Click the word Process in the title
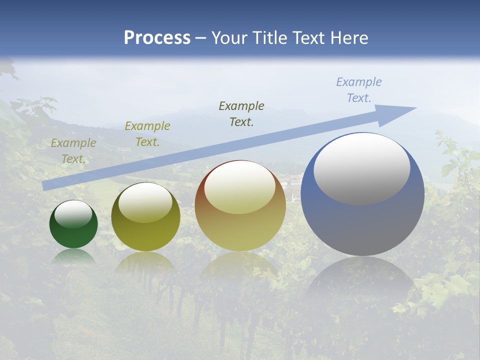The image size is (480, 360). (157, 38)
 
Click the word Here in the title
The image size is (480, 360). (348, 38)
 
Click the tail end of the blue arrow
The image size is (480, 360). (45, 185)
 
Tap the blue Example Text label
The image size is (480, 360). (358, 90)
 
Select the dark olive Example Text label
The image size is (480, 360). (241, 113)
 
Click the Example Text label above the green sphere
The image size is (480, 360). (73, 150)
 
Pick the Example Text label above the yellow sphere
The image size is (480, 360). (147, 133)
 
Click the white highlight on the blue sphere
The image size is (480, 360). (361, 168)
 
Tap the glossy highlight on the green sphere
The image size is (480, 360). (73, 214)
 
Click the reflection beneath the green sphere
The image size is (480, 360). (73, 256)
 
